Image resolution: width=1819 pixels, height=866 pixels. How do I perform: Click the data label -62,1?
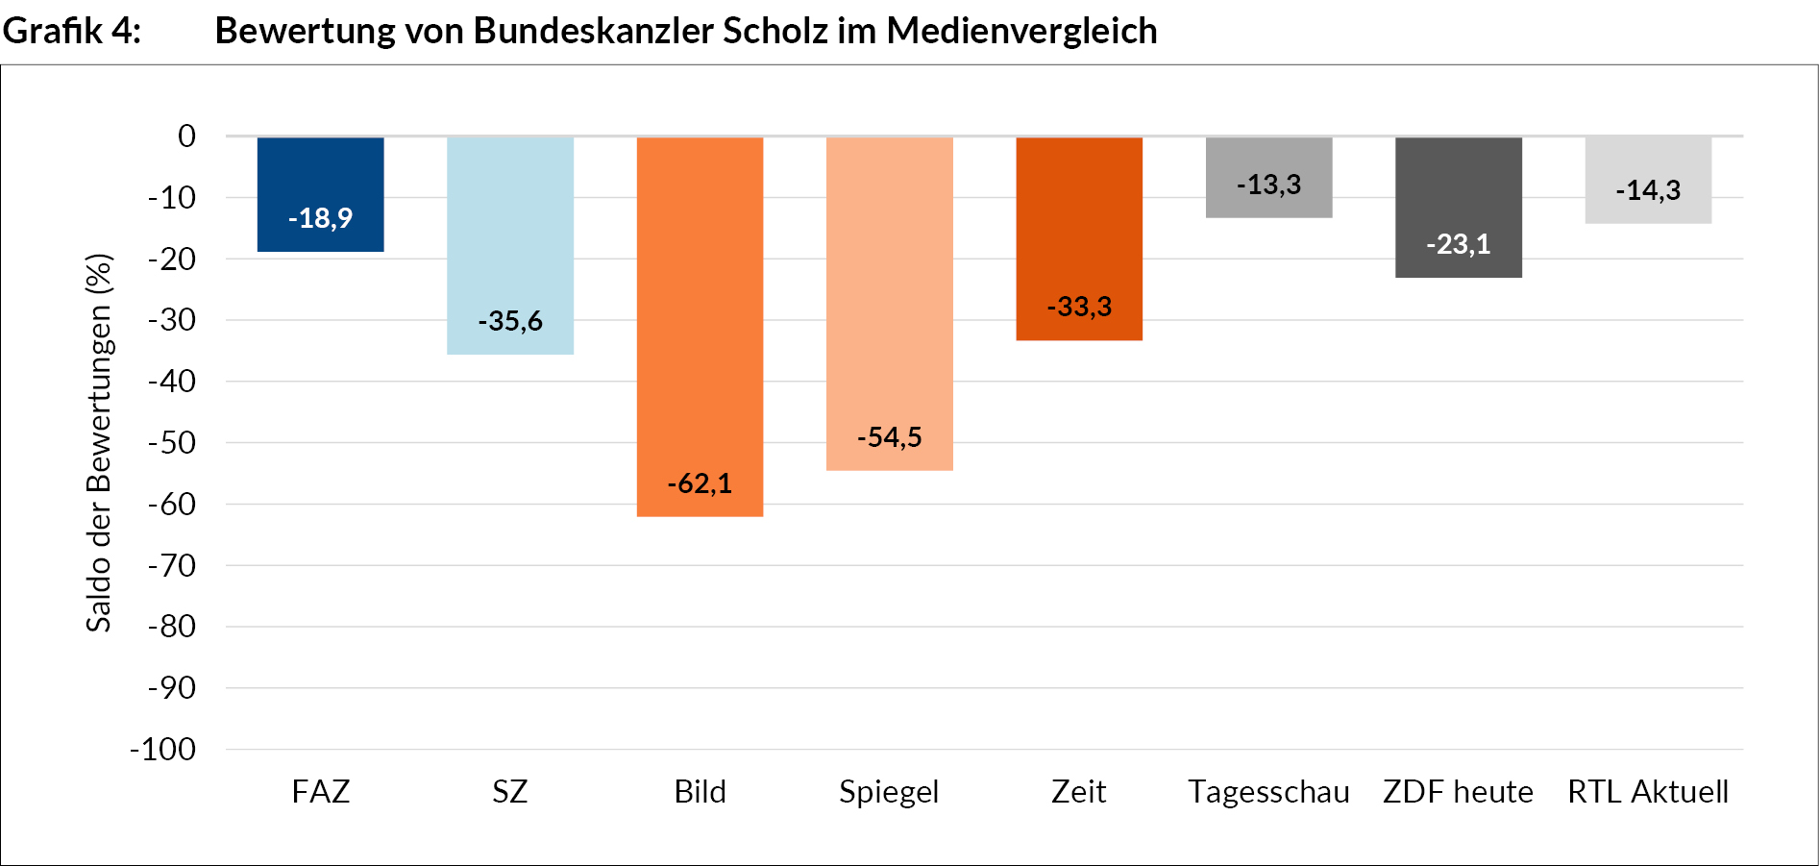pyautogui.click(x=700, y=483)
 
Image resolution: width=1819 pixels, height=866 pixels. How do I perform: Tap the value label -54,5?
pyautogui.click(x=889, y=437)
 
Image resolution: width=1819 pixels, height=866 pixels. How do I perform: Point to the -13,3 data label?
pyautogui.click(x=1268, y=185)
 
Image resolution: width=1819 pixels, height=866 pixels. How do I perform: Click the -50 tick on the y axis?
pyautogui.click(x=172, y=443)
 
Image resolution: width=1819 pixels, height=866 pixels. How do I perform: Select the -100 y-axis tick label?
pyautogui.click(x=163, y=750)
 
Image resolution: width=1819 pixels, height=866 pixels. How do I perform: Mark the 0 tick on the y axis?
pyautogui.click(x=186, y=136)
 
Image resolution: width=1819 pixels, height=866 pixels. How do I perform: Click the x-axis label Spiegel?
pyautogui.click(x=889, y=792)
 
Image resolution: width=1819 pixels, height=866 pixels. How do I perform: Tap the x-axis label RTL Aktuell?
pyautogui.click(x=1648, y=792)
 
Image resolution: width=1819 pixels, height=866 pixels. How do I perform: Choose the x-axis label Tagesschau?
pyautogui.click(x=1268, y=792)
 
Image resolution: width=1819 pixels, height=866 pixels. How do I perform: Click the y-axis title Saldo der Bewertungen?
pyautogui.click(x=99, y=442)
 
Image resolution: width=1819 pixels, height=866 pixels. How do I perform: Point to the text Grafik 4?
pyautogui.click(x=72, y=31)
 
